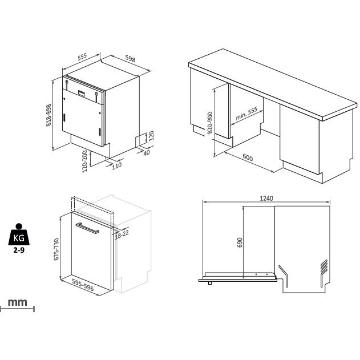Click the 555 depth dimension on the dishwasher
[x=82, y=57]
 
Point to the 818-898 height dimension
[x=49, y=115]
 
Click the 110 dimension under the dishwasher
[x=116, y=166]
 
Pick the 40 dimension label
[x=146, y=152]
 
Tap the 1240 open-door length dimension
[x=266, y=199]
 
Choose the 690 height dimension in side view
[x=240, y=242]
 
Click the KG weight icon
[x=18, y=234]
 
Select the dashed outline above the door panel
[x=92, y=203]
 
